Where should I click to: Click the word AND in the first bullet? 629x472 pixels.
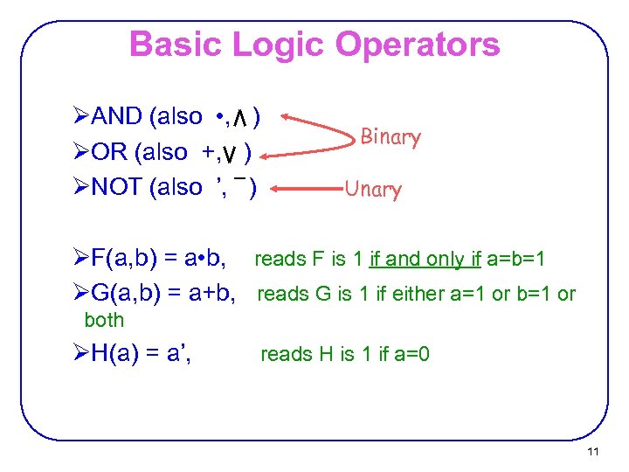(117, 116)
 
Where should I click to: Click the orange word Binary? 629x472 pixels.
(391, 136)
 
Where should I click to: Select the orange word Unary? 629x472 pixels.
(373, 189)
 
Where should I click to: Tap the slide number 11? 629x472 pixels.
(593, 452)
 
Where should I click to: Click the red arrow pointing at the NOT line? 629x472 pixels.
(306, 185)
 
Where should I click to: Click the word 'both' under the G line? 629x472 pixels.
(104, 320)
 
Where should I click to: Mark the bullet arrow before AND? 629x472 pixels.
(81, 116)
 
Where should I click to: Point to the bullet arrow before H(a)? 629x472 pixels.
(81, 354)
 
